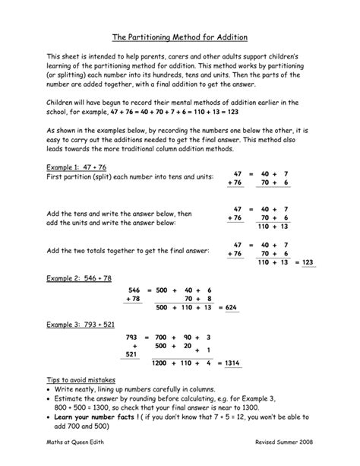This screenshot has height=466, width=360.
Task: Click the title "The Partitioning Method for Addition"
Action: point(180,36)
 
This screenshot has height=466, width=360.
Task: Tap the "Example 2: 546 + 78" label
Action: point(77,278)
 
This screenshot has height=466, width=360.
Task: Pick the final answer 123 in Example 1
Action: point(308,262)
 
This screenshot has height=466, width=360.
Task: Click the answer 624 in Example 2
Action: point(232,307)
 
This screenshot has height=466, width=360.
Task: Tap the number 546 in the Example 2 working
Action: point(134,290)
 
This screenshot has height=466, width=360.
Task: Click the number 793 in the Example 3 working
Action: point(131,336)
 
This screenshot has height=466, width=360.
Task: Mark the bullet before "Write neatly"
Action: point(49,388)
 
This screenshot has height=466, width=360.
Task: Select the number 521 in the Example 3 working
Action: point(133,354)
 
